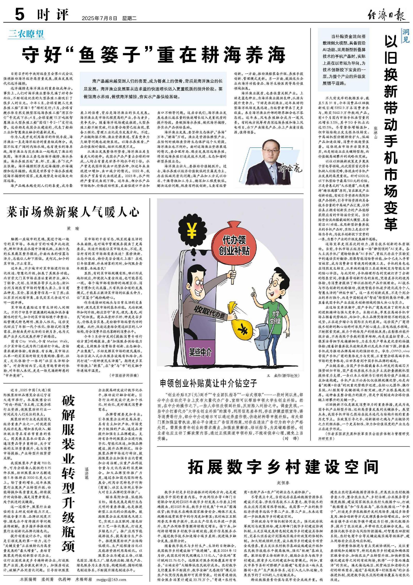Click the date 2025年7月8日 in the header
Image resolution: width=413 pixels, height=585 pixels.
99,18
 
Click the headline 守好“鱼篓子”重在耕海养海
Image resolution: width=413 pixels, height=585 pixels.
154,54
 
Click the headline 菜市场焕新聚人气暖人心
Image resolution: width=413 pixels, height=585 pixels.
73,212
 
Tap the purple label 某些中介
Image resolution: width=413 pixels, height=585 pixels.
200,352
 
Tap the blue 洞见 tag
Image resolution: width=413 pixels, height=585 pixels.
406,36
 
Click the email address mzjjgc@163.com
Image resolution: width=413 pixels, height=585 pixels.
111,579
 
